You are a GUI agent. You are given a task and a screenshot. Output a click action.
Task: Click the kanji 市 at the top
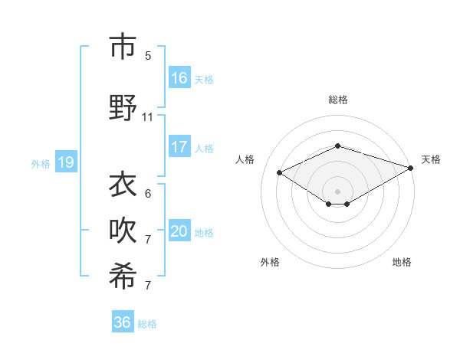click(123, 47)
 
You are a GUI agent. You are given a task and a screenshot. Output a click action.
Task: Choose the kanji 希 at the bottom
click(123, 277)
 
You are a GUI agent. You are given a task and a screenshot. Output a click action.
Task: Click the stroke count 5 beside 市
click(148, 56)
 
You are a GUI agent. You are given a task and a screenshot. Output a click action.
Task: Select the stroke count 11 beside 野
click(148, 117)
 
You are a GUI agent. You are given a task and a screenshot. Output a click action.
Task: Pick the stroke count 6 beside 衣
click(148, 193)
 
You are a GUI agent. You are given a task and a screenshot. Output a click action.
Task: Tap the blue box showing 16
click(179, 78)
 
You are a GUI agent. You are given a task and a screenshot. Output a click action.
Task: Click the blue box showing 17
click(179, 147)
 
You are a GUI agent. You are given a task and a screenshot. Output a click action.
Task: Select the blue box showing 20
click(179, 232)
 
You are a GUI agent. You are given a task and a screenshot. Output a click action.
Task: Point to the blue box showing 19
click(65, 162)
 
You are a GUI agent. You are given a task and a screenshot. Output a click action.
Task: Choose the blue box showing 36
click(123, 322)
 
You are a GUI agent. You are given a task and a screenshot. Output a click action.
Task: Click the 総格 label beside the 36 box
click(147, 324)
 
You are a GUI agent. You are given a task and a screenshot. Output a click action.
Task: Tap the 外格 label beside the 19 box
click(41, 163)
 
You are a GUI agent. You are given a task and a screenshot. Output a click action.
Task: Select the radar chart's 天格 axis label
click(431, 159)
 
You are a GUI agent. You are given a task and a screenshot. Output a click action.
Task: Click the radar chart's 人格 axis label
click(245, 159)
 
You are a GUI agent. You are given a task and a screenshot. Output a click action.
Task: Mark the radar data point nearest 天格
click(411, 167)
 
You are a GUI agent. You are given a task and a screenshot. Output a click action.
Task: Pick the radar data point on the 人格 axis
click(280, 173)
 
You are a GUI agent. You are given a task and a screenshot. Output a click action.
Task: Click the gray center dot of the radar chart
click(337, 191)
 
